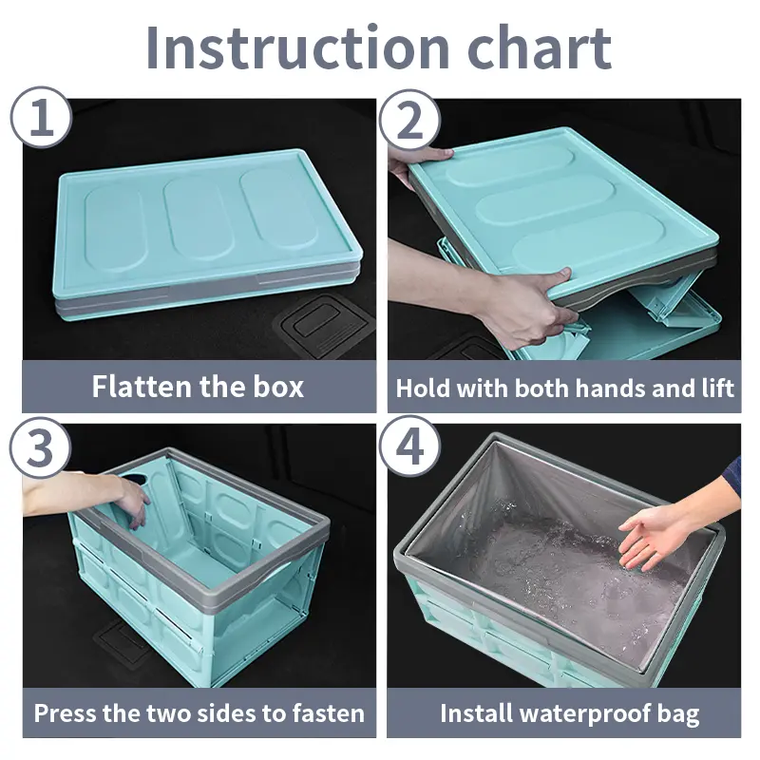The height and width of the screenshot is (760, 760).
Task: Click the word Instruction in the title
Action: (x=298, y=48)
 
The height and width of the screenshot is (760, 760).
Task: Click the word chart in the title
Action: (x=539, y=47)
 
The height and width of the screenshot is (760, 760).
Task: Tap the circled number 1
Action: (x=41, y=117)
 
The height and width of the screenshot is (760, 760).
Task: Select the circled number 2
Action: (x=409, y=121)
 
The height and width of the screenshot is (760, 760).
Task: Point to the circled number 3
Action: (x=41, y=447)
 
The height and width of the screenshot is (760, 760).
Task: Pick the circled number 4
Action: (x=409, y=446)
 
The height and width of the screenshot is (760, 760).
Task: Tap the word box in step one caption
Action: (x=278, y=387)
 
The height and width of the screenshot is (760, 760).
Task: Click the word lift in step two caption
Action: (x=719, y=388)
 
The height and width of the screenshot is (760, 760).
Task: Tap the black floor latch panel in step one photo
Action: (x=324, y=323)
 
